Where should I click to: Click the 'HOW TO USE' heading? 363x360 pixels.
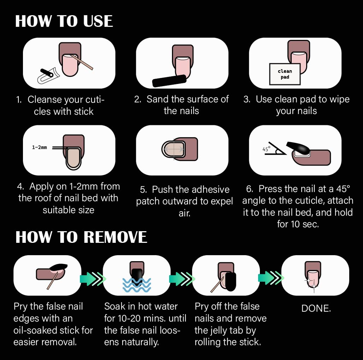pos(64,21)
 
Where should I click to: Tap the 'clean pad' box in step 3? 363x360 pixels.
pos(285,74)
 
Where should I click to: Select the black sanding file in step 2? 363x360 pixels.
pos(169,81)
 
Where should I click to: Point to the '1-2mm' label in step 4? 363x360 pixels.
pos(39,147)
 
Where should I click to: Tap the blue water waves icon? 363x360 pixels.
pos(137,285)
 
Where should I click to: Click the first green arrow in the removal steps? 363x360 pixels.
pos(93,279)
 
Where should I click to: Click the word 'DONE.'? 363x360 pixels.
pos(316,308)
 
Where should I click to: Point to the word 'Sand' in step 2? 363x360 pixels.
pos(157,99)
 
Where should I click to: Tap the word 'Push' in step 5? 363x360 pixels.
pos(162,190)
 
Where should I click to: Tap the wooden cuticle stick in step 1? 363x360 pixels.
pos(82,62)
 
